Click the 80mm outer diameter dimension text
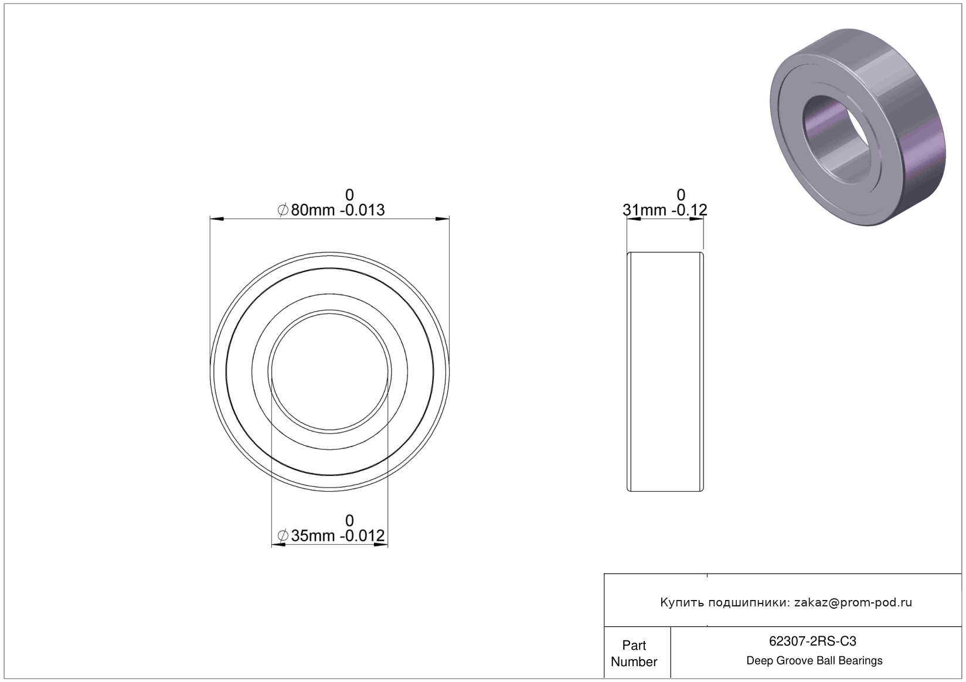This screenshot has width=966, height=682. pos(312,210)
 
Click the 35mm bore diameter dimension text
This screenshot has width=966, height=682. pos(312,536)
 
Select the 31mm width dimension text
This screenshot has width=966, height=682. pos(644,210)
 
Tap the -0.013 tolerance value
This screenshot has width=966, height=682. pos(362,210)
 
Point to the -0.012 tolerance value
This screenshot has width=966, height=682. pos(362,536)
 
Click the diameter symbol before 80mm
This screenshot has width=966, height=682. pos(283,210)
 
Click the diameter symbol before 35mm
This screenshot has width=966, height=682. pos(283,536)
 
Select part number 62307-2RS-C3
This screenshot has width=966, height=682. pos(812,642)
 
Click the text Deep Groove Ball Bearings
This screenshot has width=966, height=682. pos(814,660)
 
